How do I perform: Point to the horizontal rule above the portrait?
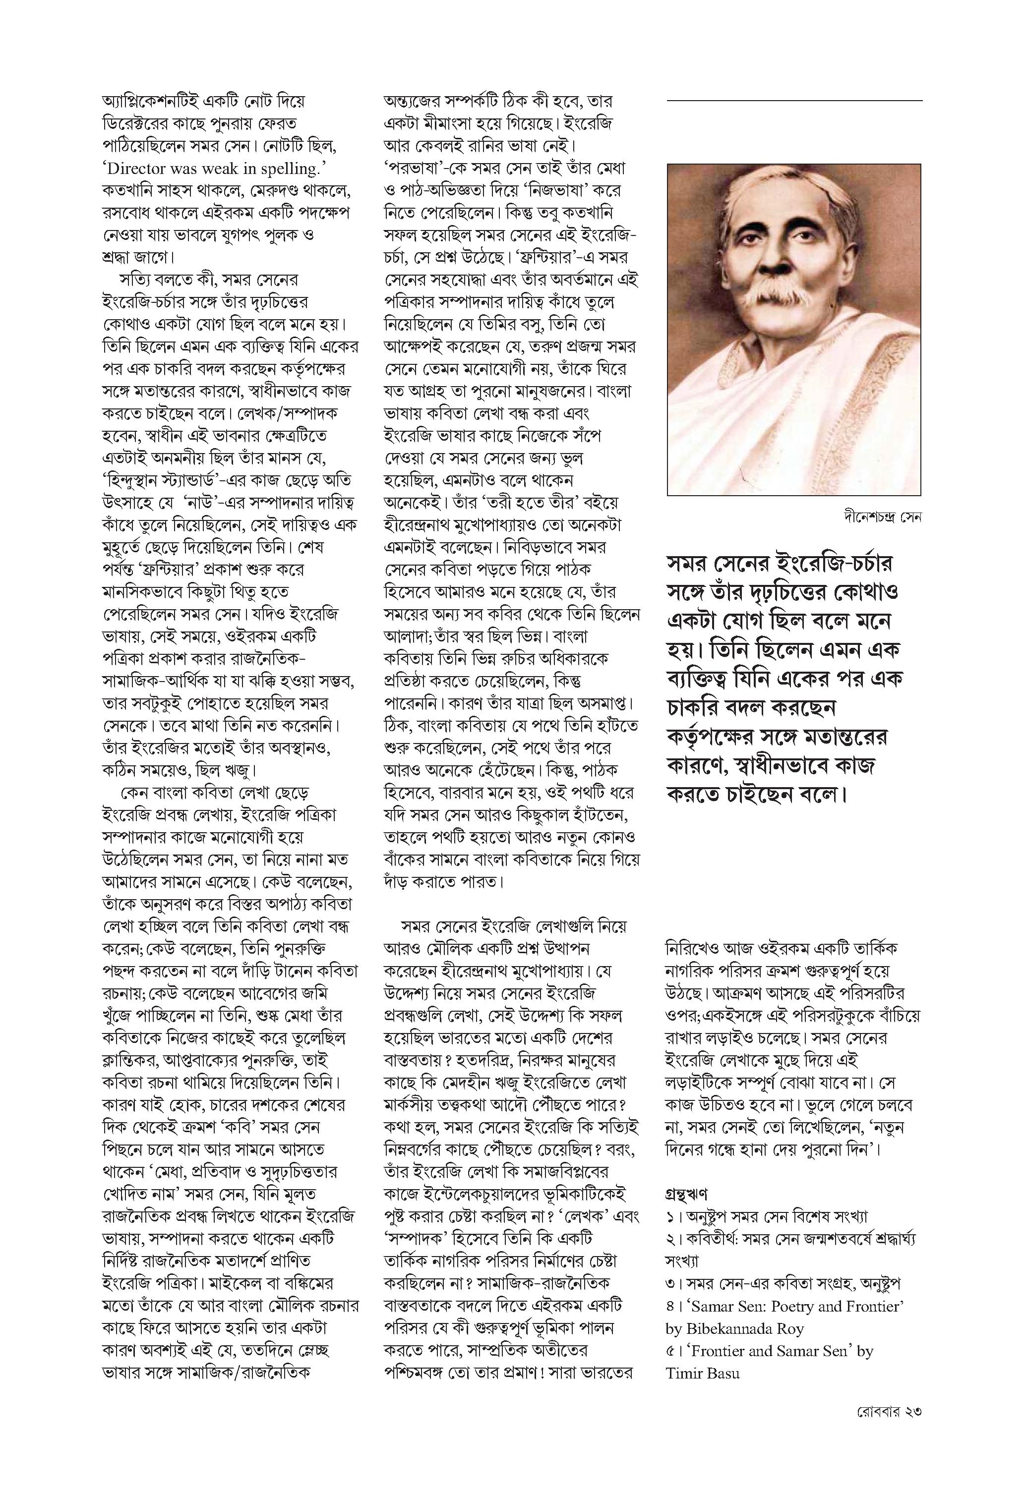(794, 101)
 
